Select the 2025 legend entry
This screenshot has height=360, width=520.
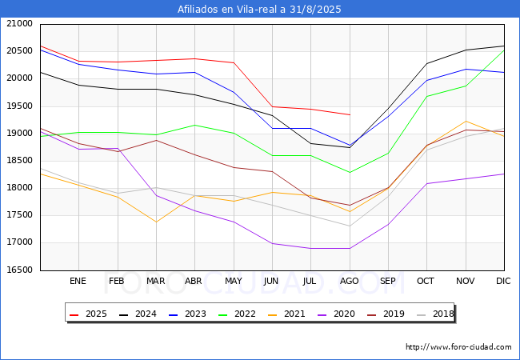[x=89, y=314]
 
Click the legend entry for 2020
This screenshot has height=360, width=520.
[x=337, y=314]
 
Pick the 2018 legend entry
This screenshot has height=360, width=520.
[x=435, y=314]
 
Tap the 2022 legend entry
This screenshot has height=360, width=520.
[x=237, y=314]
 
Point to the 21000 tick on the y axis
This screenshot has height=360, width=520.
[x=19, y=23]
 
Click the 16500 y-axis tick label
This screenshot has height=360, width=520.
[x=19, y=270]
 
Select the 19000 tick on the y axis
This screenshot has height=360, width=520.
[x=19, y=134]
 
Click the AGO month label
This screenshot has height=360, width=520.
[x=350, y=281]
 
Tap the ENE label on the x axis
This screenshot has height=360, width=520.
[x=78, y=281]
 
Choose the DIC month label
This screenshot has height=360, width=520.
[x=503, y=281]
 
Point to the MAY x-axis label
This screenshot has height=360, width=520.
[x=234, y=281]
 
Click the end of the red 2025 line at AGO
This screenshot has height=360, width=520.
[x=350, y=114]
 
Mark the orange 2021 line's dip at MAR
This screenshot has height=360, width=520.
[x=156, y=222]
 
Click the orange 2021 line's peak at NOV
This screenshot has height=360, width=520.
[x=466, y=121]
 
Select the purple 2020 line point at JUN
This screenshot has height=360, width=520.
[x=272, y=243]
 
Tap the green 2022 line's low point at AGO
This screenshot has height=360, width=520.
[x=350, y=172]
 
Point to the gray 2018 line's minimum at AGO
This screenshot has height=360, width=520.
[x=350, y=226]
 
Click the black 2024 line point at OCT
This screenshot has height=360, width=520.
[x=427, y=63]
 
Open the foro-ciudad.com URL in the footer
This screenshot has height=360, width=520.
[x=458, y=346]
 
